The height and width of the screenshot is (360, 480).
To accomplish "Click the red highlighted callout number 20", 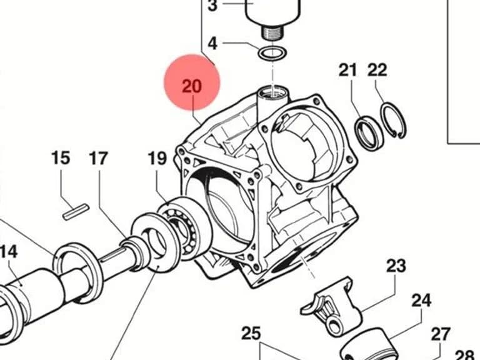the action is pyautogui.click(x=192, y=86).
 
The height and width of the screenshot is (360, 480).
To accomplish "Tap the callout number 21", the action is pyautogui.click(x=347, y=70).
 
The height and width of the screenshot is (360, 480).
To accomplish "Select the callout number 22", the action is pyautogui.click(x=377, y=70).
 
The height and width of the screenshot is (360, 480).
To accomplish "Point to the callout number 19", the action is pyautogui.click(x=157, y=158).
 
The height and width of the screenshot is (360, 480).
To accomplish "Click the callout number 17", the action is pyautogui.click(x=99, y=158).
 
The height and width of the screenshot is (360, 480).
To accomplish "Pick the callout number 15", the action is pyautogui.click(x=61, y=158).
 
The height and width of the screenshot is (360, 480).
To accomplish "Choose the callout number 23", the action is pyautogui.click(x=396, y=266).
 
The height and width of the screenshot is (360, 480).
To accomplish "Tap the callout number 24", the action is pyautogui.click(x=421, y=300).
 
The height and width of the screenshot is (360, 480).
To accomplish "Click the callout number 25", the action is pyautogui.click(x=251, y=333).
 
